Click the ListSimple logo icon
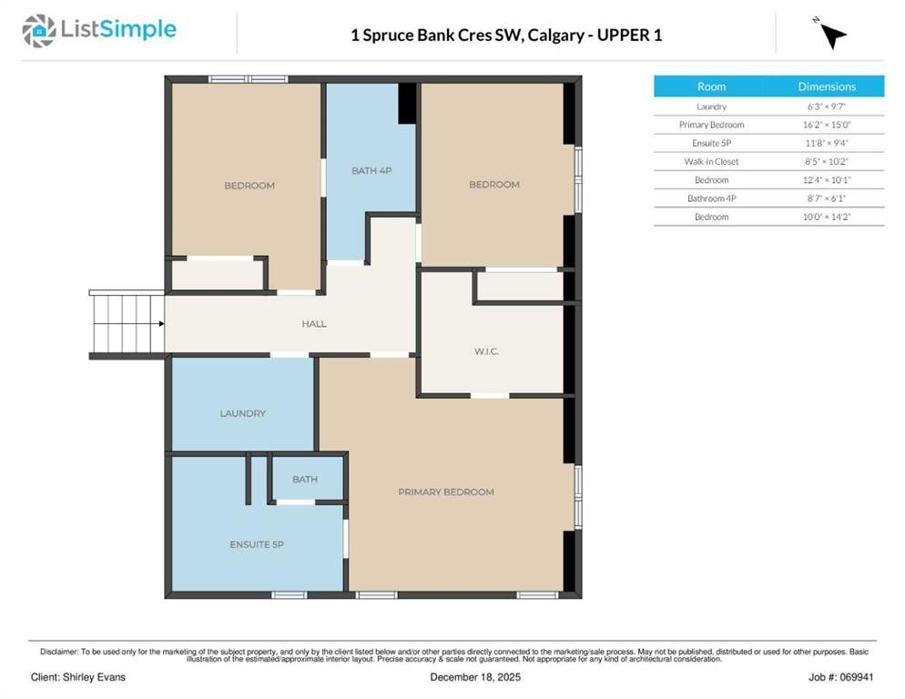click(x=38, y=31)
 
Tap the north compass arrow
click(x=832, y=35)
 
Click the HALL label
click(x=314, y=324)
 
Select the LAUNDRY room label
click(x=242, y=413)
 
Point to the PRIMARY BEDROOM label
click(x=446, y=491)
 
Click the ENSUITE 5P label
click(x=257, y=544)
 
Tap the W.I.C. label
click(x=486, y=351)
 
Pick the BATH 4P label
click(x=371, y=171)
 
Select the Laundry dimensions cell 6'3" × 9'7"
click(x=827, y=106)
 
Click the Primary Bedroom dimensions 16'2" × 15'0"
click(x=827, y=125)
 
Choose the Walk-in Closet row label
click(x=711, y=162)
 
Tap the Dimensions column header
click(x=827, y=86)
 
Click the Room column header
click(x=711, y=86)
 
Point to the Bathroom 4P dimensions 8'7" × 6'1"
click(x=827, y=198)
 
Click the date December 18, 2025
click(x=475, y=677)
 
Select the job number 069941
click(x=857, y=677)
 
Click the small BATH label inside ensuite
click(x=305, y=479)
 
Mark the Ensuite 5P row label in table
click(x=711, y=143)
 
